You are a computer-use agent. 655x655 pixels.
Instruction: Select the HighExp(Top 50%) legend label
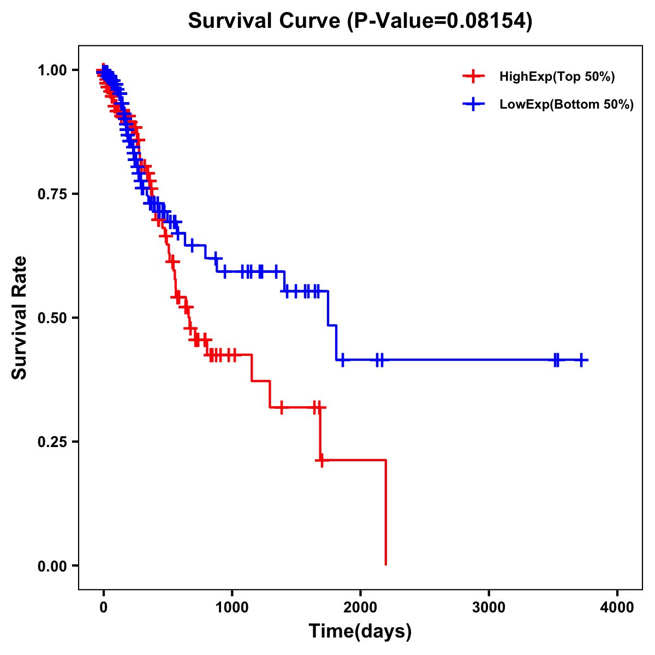click(557, 77)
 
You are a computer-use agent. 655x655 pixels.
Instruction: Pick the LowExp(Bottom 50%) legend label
click(567, 105)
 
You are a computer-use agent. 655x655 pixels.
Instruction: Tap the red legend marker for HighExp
click(473, 76)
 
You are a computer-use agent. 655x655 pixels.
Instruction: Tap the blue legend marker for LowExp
click(473, 104)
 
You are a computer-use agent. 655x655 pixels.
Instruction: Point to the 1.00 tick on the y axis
click(52, 70)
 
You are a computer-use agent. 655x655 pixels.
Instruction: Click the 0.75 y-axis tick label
click(52, 194)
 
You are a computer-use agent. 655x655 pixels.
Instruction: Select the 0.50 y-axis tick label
click(52, 318)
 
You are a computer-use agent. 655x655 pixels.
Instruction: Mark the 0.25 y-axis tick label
click(52, 442)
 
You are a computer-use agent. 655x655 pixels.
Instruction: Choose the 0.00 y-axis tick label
click(52, 566)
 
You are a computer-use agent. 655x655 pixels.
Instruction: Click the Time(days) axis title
click(360, 632)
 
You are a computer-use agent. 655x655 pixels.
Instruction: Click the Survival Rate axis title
click(20, 318)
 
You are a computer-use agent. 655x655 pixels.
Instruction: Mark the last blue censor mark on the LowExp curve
click(582, 360)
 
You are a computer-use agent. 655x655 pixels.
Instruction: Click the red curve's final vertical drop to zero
click(386, 513)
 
